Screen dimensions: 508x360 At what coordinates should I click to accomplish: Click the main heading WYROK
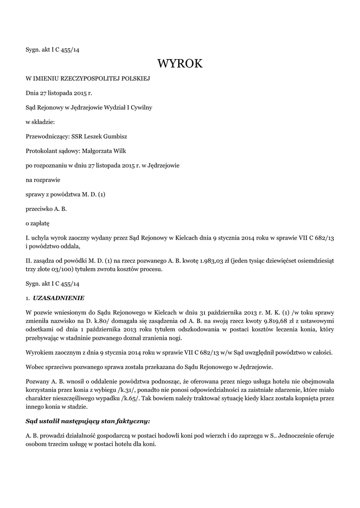180,64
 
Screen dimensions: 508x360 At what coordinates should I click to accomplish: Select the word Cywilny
141,107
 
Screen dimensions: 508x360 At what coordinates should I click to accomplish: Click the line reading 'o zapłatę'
38,223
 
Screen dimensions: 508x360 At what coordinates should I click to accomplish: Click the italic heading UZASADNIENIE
59,298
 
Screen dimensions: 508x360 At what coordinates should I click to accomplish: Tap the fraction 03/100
63,270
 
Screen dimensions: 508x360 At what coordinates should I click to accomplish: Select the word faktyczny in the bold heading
132,421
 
